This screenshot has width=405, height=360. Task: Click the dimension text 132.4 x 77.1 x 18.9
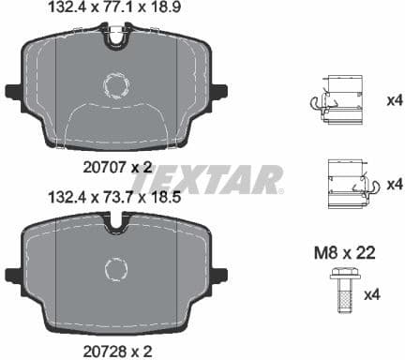pos(116,9)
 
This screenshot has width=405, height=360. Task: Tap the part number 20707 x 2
pos(116,167)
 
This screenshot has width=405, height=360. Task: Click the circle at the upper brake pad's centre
pos(117,86)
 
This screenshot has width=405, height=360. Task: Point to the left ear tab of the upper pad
pos(14,91)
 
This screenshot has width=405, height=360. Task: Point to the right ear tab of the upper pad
pos(220,91)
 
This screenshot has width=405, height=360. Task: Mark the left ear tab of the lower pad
pos(14,276)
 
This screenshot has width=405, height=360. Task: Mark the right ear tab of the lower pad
pos(220,276)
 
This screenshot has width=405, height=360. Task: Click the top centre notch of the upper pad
pos(117,38)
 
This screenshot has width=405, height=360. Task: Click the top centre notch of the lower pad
pos(117,225)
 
